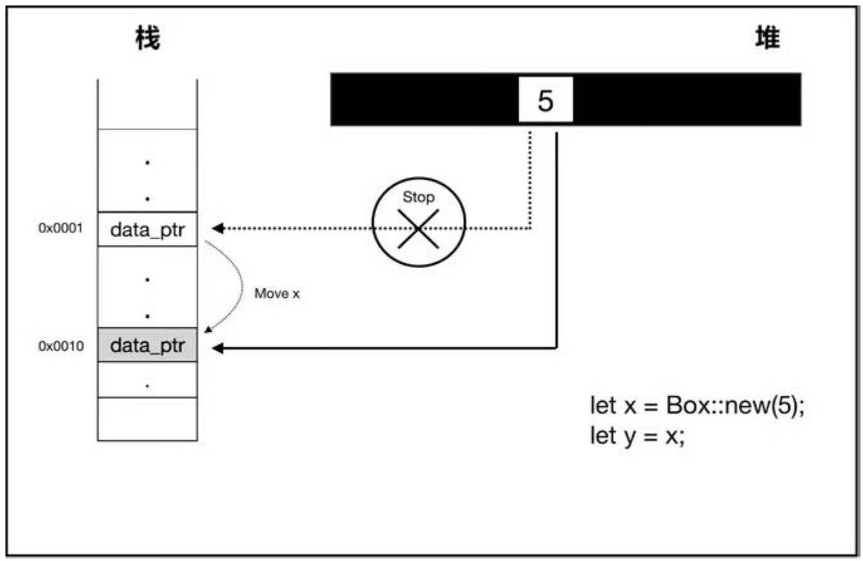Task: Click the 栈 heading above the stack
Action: point(147,40)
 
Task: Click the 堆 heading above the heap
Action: point(767,40)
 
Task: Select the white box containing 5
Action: point(545,99)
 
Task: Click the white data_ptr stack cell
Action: point(148,229)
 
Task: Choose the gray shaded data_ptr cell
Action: point(148,346)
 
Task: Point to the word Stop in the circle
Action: point(418,198)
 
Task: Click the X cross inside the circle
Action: point(418,229)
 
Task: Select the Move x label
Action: point(277,293)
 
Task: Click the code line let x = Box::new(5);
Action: point(697,406)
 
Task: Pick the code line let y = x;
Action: point(637,435)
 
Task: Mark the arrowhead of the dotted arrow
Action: point(218,228)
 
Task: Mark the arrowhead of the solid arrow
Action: point(218,347)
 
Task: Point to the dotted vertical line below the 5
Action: point(530,182)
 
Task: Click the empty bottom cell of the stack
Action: point(147,419)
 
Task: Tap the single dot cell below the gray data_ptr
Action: point(147,381)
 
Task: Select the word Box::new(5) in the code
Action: point(732,406)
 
